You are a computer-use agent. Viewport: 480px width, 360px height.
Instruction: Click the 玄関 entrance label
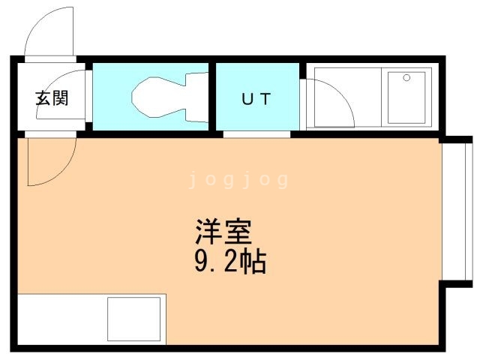coord(52,98)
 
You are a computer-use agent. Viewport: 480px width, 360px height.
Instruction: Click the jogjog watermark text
coord(238,181)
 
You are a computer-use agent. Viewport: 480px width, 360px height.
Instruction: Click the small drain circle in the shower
coord(406,77)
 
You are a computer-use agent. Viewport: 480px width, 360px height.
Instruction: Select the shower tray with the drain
coord(406,97)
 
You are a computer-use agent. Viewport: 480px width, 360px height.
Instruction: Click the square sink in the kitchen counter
coord(134,319)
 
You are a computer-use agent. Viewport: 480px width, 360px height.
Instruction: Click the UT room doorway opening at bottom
coord(256,134)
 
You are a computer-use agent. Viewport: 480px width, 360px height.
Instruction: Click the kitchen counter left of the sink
coord(60,319)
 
